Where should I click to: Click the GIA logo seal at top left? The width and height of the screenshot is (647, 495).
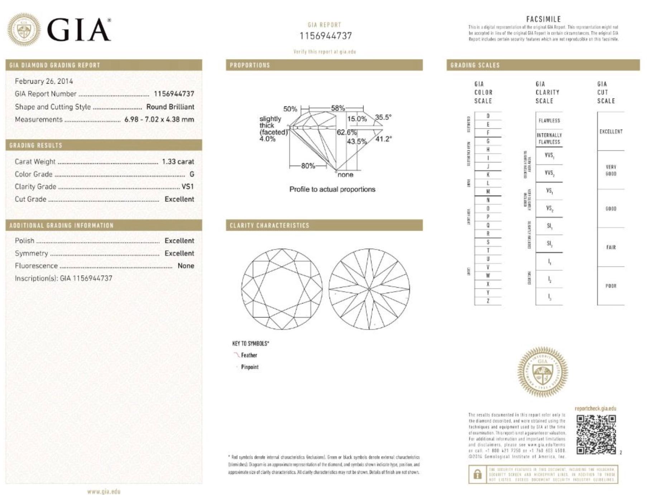(x=24, y=29)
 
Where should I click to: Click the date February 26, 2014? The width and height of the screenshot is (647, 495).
(x=44, y=81)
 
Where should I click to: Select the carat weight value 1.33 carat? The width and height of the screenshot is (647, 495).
(x=178, y=161)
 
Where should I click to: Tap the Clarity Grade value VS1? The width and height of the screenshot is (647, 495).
(x=187, y=187)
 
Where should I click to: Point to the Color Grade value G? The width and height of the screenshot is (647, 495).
(x=192, y=174)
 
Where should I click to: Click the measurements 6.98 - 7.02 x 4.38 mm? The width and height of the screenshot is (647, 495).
(x=159, y=119)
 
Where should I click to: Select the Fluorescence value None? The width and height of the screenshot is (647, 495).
(x=186, y=266)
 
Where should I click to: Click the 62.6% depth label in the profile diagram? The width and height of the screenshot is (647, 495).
(x=346, y=132)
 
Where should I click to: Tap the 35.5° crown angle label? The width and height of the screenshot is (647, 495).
(x=383, y=117)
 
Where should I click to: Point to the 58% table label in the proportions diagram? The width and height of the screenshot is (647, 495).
(x=337, y=108)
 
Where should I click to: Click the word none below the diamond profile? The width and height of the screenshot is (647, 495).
(x=345, y=175)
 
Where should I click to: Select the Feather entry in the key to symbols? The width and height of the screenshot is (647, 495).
(x=249, y=355)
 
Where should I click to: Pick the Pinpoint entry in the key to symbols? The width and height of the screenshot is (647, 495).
(x=249, y=367)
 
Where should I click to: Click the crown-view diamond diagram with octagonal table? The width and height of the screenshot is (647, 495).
(x=282, y=289)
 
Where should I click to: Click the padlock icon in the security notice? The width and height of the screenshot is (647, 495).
(x=477, y=475)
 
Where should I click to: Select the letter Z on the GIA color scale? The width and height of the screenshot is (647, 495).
(x=488, y=301)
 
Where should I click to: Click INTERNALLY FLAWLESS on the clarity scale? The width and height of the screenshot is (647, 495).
(x=549, y=138)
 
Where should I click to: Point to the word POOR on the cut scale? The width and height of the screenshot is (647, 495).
(x=610, y=286)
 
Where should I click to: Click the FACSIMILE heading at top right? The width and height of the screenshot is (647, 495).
(x=543, y=19)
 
